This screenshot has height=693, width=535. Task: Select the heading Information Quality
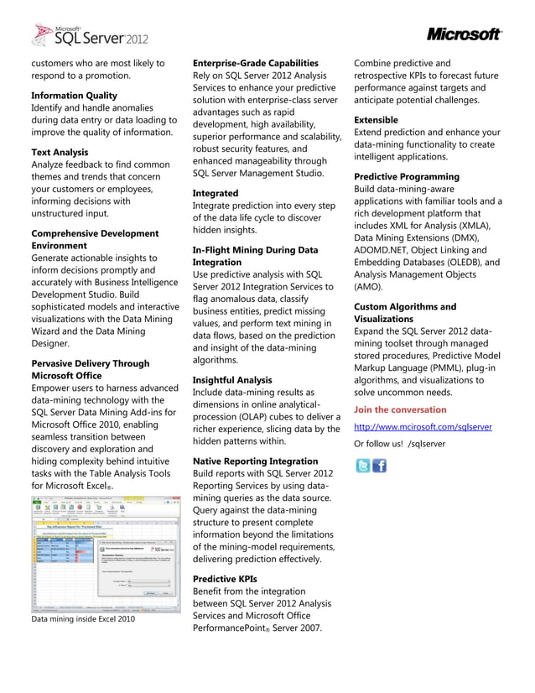pos(74,96)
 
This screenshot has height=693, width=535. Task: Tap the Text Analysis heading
pos(60,153)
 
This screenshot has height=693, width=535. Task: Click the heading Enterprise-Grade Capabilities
pos(255,64)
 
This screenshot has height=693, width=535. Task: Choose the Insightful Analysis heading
pos(232,380)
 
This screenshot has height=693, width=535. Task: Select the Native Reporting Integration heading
pos(256,461)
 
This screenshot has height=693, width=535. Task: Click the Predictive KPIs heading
pos(225,579)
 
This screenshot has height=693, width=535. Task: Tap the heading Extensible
pos(376,120)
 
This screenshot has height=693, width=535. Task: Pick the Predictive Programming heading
pos(407,177)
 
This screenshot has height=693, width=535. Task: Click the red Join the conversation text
pos(400,409)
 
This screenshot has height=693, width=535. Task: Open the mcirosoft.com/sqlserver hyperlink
pos(423,427)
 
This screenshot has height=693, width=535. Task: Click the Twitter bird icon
pos(362,466)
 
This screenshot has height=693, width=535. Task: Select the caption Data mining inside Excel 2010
pos(82,620)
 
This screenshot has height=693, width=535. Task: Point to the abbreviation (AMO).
pos(371,286)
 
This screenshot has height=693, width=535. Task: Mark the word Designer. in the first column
pos(51,344)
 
